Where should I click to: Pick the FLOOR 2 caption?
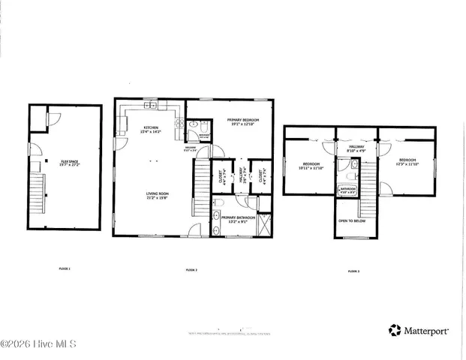click(191, 269)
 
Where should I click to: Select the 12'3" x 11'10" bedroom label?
click(408, 163)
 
